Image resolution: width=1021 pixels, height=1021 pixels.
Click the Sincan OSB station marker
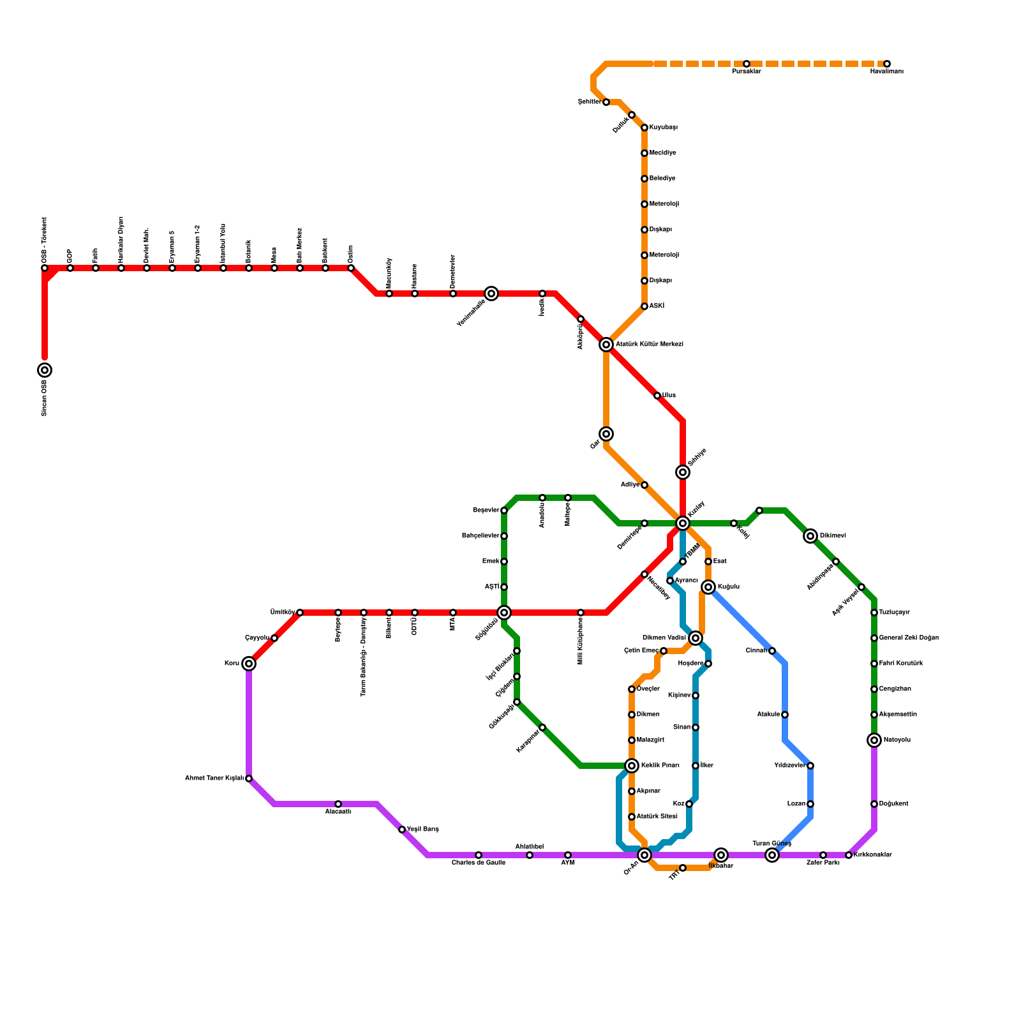45,370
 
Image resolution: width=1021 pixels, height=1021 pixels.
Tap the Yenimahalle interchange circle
491,294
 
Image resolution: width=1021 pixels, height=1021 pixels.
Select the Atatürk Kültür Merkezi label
649,345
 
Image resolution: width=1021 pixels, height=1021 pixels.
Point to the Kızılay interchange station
683,523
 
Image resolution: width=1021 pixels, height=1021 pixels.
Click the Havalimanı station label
886,71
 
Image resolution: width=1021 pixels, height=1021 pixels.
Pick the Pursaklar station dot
747,64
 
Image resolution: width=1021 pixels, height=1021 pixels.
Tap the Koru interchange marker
249,664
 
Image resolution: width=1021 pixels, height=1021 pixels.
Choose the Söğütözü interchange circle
504,613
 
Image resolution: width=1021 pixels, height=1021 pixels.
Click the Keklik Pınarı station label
660,766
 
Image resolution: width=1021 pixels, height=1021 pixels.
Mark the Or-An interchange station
645,855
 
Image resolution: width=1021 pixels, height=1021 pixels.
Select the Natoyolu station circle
874,740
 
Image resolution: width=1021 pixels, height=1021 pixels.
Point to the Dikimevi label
832,536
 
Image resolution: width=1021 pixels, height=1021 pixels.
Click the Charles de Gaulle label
479,863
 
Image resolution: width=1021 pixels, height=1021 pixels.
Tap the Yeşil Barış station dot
402,830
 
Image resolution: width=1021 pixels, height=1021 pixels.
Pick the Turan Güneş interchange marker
772,855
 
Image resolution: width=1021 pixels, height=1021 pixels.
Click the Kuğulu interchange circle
708,587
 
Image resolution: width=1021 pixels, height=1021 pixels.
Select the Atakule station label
768,715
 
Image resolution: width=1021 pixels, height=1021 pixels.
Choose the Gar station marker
606,434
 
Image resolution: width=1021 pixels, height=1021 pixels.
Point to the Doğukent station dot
874,804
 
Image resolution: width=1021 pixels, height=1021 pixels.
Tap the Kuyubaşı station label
663,128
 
